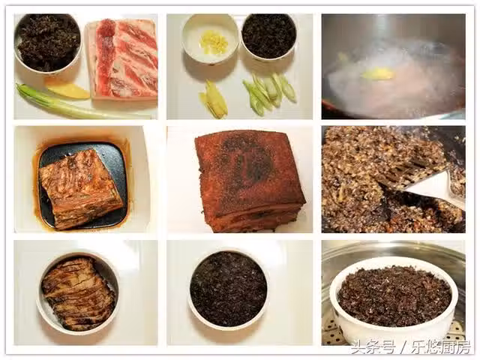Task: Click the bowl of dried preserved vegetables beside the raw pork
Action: [x=48, y=43]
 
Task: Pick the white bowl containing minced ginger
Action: [x=210, y=38]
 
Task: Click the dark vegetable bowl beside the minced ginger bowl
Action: [x=268, y=37]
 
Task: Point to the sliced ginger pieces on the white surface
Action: [x=214, y=99]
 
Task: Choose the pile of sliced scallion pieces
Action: [x=269, y=92]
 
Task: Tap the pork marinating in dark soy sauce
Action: [x=81, y=188]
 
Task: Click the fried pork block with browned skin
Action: [x=250, y=181]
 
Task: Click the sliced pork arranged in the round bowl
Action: [x=78, y=293]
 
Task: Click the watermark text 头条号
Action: [x=373, y=347]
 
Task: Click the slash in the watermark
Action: [x=403, y=348]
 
